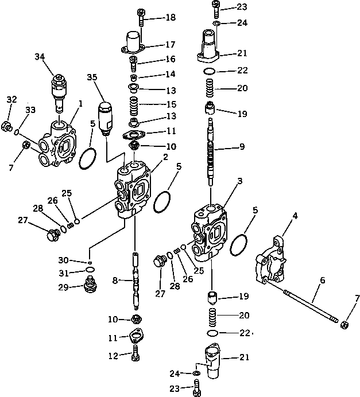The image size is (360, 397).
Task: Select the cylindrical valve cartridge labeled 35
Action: click(x=106, y=117)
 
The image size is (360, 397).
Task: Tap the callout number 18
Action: click(x=170, y=18)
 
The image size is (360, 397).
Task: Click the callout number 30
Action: click(x=79, y=260)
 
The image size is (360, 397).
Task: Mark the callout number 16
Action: click(x=170, y=59)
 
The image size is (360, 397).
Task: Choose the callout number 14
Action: click(x=170, y=75)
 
